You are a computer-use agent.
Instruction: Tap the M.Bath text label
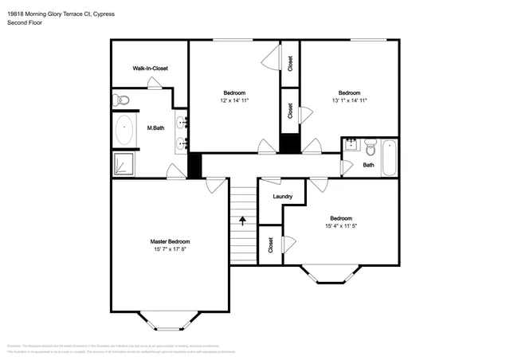point(155,128)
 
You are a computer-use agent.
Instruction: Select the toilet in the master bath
point(120,100)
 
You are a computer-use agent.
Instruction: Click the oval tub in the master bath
point(124,130)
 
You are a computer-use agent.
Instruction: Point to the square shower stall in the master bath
point(124,163)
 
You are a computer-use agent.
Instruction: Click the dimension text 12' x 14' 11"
point(234,100)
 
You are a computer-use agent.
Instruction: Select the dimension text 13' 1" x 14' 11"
point(349,100)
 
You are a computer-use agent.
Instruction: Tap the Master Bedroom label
point(171,241)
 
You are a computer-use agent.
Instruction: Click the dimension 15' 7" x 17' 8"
point(171,249)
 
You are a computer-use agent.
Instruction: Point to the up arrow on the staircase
point(243,217)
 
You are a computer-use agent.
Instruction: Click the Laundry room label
point(282,197)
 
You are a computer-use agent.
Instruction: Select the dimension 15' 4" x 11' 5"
point(340,226)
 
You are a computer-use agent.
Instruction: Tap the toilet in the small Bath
point(370,146)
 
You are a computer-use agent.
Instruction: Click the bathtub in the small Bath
point(389,157)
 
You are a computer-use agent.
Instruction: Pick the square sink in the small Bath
point(351,145)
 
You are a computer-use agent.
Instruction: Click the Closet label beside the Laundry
point(271,245)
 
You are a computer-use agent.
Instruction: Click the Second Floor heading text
point(25,23)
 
